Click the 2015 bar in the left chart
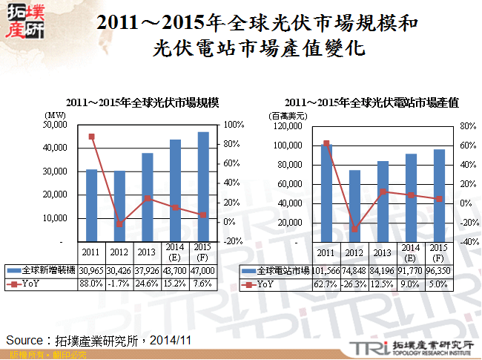tap(202, 186)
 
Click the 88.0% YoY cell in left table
tap(90, 283)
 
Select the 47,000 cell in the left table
tap(203, 272)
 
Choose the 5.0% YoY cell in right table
tap(438, 283)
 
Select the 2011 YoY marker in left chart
tap(91, 137)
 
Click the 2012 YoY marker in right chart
tap(354, 229)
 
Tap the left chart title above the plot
tap(145, 102)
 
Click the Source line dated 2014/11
tap(99, 339)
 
